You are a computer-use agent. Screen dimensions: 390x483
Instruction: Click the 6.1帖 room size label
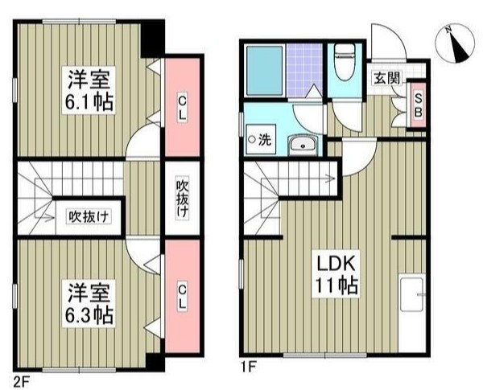pos(89,103)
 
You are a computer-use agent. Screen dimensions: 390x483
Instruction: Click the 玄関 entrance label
pos(386,78)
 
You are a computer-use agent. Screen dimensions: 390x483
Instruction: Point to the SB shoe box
pos(418,103)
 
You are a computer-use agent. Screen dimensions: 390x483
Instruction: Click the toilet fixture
pos(343,58)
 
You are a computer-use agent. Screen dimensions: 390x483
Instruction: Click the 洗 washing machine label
pos(260,139)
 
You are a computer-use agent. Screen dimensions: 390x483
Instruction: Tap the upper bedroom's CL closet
pos(183,108)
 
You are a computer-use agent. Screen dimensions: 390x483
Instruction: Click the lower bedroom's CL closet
pos(183,295)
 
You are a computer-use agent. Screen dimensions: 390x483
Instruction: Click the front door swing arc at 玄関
pos(386,40)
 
